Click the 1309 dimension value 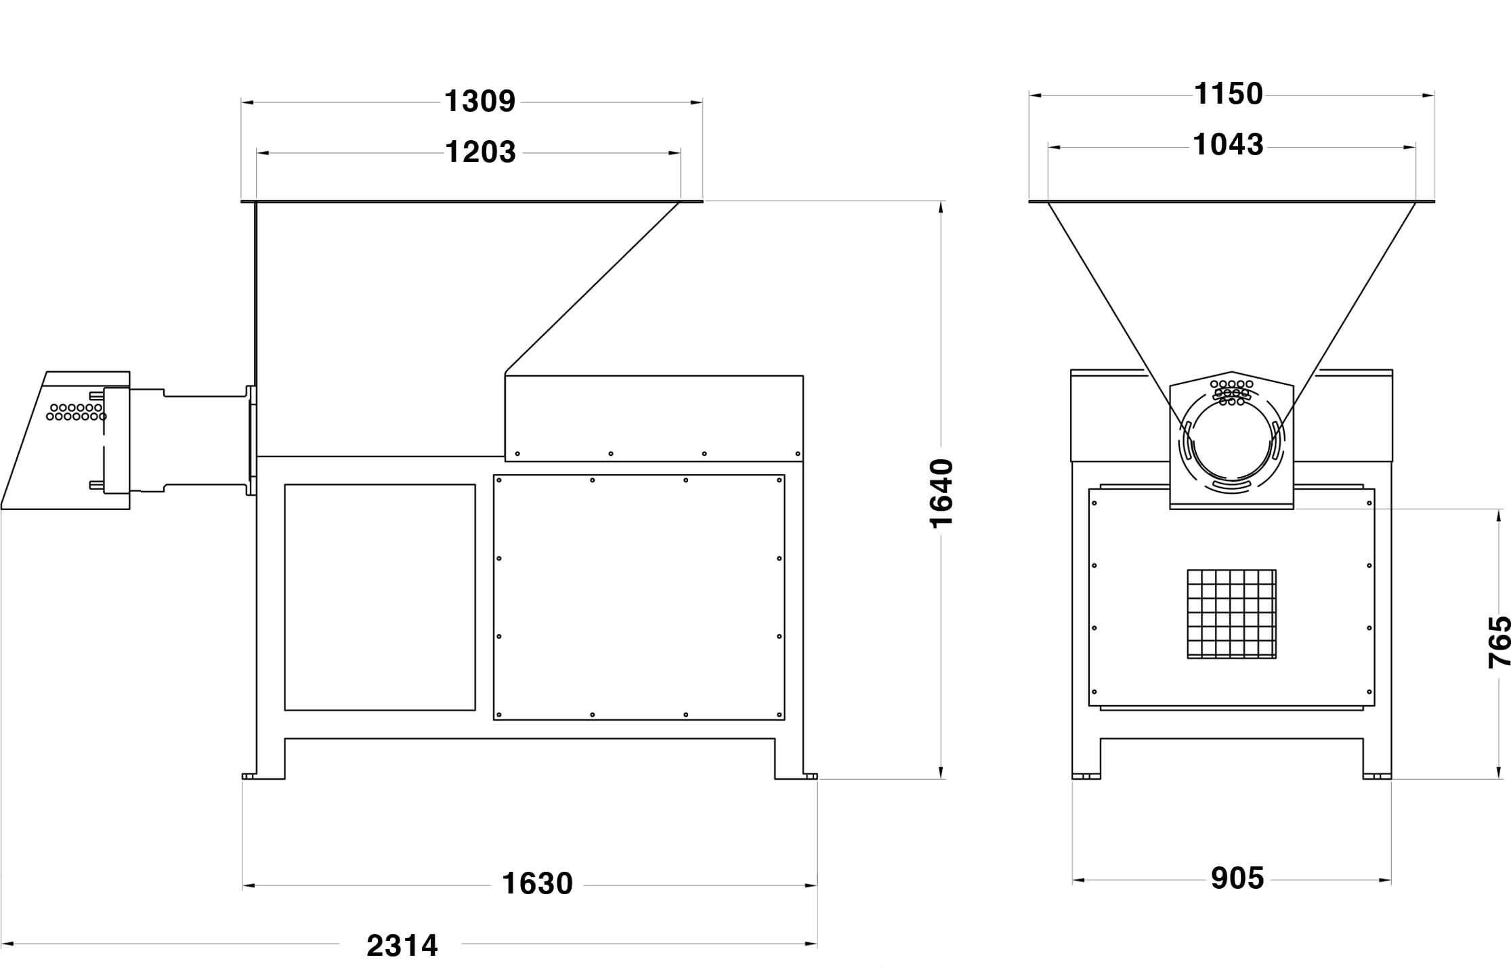tap(480, 102)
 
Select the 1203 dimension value tap(480, 152)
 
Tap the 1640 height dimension tap(941, 492)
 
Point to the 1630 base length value tap(537, 884)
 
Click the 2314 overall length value tap(402, 946)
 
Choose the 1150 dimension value tap(1228, 94)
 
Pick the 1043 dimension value tap(1228, 145)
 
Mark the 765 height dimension tap(1499, 641)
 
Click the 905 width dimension tap(1237, 879)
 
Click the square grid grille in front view tap(1231, 614)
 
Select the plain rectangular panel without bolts tap(380, 597)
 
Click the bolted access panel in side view tap(639, 597)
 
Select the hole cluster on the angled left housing tap(76, 412)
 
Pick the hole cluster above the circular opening tap(1231, 392)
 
